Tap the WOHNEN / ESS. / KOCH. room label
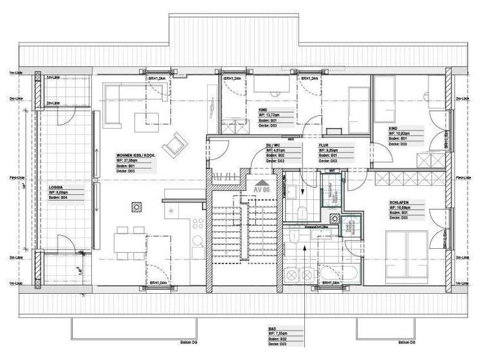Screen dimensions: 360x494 pyautogui.click(x=136, y=156)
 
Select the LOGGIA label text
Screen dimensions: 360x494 pyautogui.click(x=59, y=187)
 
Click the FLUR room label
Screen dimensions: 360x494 pyautogui.click(x=324, y=146)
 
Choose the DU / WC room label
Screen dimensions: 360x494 pyautogui.click(x=273, y=146)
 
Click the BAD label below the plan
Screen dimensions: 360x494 pyautogui.click(x=272, y=329)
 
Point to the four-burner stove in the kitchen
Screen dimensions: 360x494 pyautogui.click(x=197, y=223)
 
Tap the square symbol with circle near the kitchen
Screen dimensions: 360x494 pyautogui.click(x=136, y=206)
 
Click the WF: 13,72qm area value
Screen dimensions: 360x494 pyautogui.click(x=271, y=115)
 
